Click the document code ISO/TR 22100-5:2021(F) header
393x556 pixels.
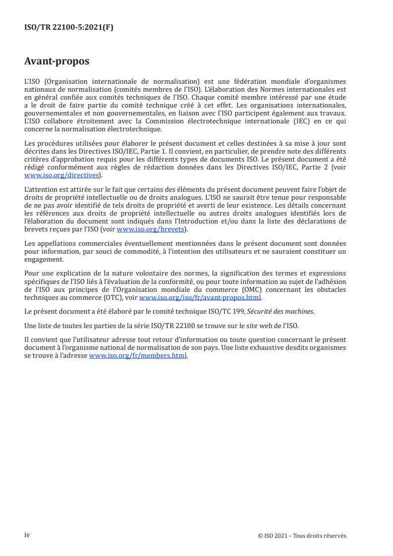68,28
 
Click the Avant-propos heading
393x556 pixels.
57,61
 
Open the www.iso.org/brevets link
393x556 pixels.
149,229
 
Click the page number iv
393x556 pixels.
27,535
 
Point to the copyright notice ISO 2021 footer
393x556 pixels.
302,536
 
